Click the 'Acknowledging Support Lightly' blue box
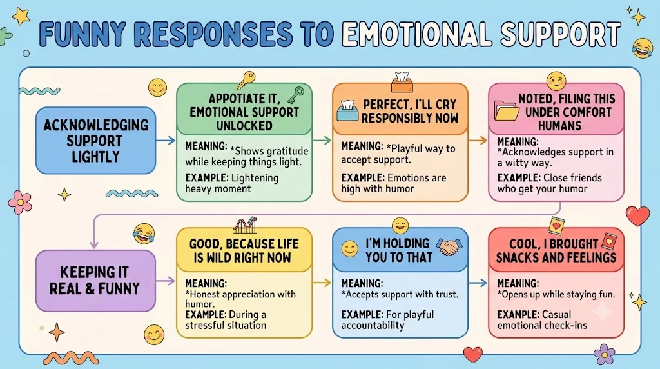[x=95, y=140]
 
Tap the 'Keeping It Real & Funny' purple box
[x=95, y=281]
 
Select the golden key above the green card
[x=246, y=80]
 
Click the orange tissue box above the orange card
[x=402, y=82]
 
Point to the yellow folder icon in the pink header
[x=507, y=110]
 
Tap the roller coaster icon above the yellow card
[x=245, y=225]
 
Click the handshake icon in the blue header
[x=449, y=247]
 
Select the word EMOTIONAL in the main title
[x=417, y=34]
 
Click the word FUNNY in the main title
[x=82, y=34]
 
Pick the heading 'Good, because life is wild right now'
[x=244, y=251]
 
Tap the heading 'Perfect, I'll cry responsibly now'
[x=409, y=111]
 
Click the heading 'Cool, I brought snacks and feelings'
[x=556, y=251]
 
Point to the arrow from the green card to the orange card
[x=322, y=140]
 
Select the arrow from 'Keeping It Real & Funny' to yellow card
[x=166, y=281]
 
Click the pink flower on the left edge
[x=20, y=202]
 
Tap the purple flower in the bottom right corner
[x=605, y=354]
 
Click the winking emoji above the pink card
[x=556, y=81]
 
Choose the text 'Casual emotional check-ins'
[x=542, y=320]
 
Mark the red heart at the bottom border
[x=472, y=354]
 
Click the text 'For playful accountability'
[x=387, y=320]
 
